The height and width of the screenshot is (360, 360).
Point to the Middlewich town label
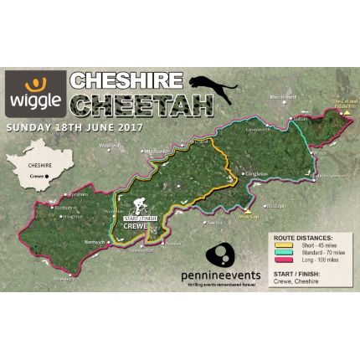click(x=157, y=152)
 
